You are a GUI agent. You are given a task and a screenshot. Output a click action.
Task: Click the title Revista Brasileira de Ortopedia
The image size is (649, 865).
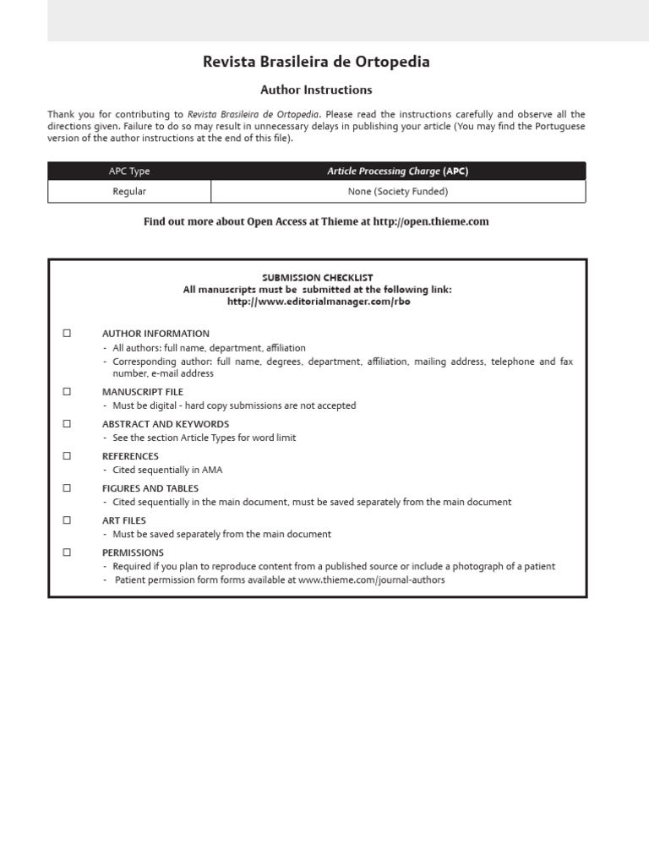click(x=316, y=62)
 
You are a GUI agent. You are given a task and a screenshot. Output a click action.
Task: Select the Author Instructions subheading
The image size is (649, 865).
click(x=316, y=90)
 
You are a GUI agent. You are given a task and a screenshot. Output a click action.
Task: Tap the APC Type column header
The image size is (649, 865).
click(x=129, y=171)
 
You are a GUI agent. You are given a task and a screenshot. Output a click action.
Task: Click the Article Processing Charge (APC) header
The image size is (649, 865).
click(x=397, y=171)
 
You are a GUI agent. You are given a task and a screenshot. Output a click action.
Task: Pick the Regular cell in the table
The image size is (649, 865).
click(x=129, y=192)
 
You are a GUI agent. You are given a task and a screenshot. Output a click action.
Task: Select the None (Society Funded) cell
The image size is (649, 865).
click(x=397, y=192)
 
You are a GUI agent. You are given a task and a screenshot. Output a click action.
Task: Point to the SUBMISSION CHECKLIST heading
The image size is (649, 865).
click(x=317, y=278)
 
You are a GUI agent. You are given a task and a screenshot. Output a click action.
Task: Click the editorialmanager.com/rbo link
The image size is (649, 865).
click(x=318, y=302)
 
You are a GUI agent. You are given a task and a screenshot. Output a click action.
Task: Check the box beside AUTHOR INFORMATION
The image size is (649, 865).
click(x=67, y=334)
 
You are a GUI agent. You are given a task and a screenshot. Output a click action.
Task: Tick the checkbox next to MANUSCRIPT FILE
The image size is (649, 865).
click(x=67, y=392)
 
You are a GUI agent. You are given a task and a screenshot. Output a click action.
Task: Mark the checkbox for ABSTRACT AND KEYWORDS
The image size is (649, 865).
click(x=67, y=424)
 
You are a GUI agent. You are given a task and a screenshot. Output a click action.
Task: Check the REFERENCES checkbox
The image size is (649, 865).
click(x=67, y=456)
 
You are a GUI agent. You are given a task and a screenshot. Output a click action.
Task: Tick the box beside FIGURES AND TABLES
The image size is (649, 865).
click(x=67, y=488)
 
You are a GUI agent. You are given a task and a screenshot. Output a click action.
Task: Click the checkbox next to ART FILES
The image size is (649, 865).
click(x=67, y=520)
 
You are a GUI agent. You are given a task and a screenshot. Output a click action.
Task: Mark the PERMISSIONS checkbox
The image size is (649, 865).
click(x=67, y=552)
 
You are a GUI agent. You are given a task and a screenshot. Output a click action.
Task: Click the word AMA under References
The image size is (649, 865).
click(x=212, y=470)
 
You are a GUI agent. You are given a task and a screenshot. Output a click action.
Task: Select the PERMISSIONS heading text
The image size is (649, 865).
click(x=133, y=552)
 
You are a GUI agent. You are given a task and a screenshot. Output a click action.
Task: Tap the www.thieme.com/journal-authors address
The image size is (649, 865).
click(x=371, y=580)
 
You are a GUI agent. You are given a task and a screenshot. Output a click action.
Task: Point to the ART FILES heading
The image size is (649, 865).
click(x=124, y=520)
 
